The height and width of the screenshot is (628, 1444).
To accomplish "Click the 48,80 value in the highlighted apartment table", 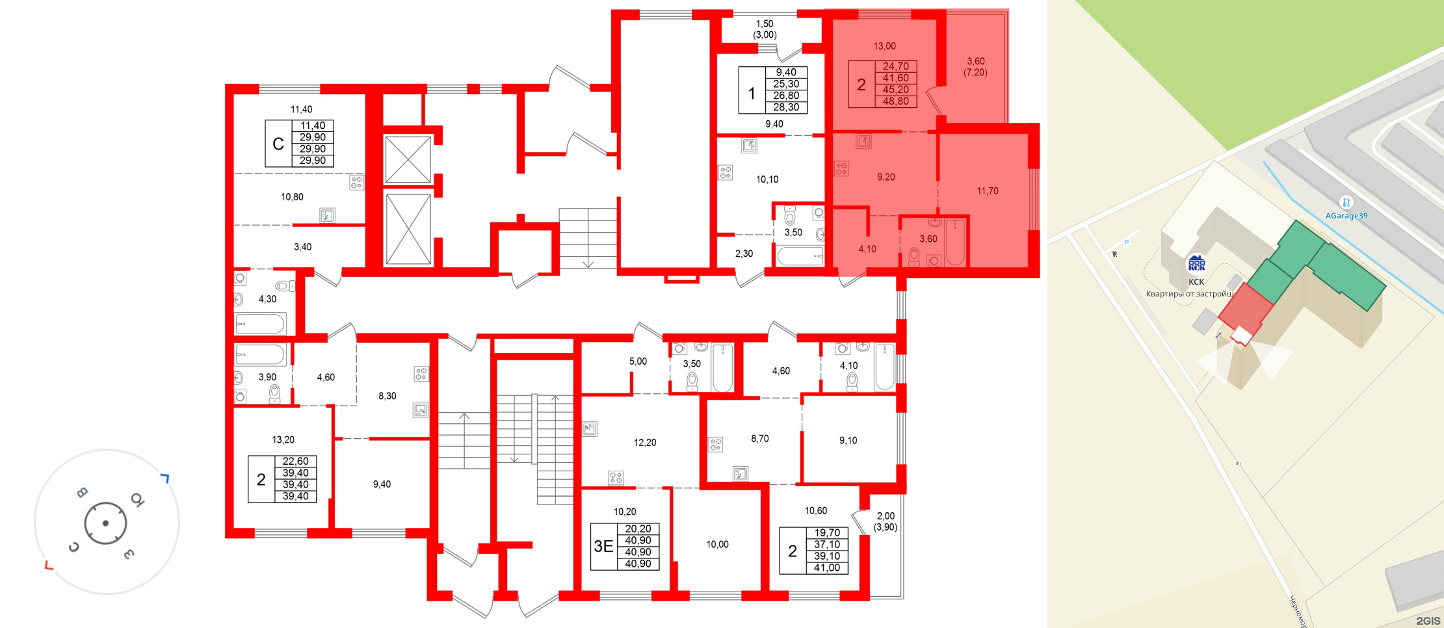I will [895, 101].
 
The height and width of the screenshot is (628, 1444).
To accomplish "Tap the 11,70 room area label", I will [987, 191].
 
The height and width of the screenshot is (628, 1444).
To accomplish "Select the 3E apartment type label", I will [603, 547].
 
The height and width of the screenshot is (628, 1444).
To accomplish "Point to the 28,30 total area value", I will [786, 107].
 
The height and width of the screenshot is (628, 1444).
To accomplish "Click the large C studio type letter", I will [278, 144].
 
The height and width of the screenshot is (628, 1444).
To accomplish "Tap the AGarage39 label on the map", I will [1346, 216].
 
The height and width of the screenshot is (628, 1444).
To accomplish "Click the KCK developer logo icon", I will [1196, 263].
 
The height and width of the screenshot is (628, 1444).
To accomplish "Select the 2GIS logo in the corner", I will [1428, 621].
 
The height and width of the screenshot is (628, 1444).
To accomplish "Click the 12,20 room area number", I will [645, 443].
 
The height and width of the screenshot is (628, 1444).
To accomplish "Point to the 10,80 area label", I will [292, 197].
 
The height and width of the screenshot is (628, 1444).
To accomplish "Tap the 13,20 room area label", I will [283, 440].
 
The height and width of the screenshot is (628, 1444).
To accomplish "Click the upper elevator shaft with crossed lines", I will [408, 159].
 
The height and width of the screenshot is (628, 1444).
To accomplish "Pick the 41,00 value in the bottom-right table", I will [826, 568].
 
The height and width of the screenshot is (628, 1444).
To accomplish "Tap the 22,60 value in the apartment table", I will [295, 462].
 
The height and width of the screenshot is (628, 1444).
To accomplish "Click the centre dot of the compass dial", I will [105, 523].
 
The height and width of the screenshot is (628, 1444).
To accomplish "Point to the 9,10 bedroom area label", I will [848, 441].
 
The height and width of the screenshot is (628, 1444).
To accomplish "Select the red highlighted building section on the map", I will [1243, 309].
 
